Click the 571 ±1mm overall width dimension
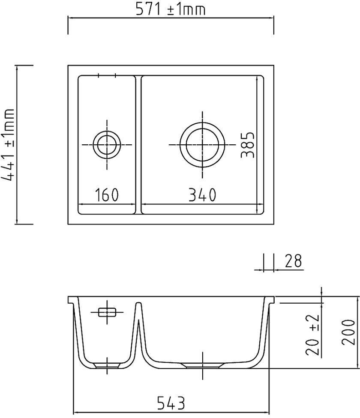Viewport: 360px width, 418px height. coord(171,9)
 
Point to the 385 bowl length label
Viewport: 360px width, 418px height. coord(247,145)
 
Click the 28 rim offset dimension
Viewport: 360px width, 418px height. coord(293,261)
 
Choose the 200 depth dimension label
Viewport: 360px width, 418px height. coord(348,332)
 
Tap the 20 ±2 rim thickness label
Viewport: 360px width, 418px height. coord(312,335)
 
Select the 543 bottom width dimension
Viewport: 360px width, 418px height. coord(171,403)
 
